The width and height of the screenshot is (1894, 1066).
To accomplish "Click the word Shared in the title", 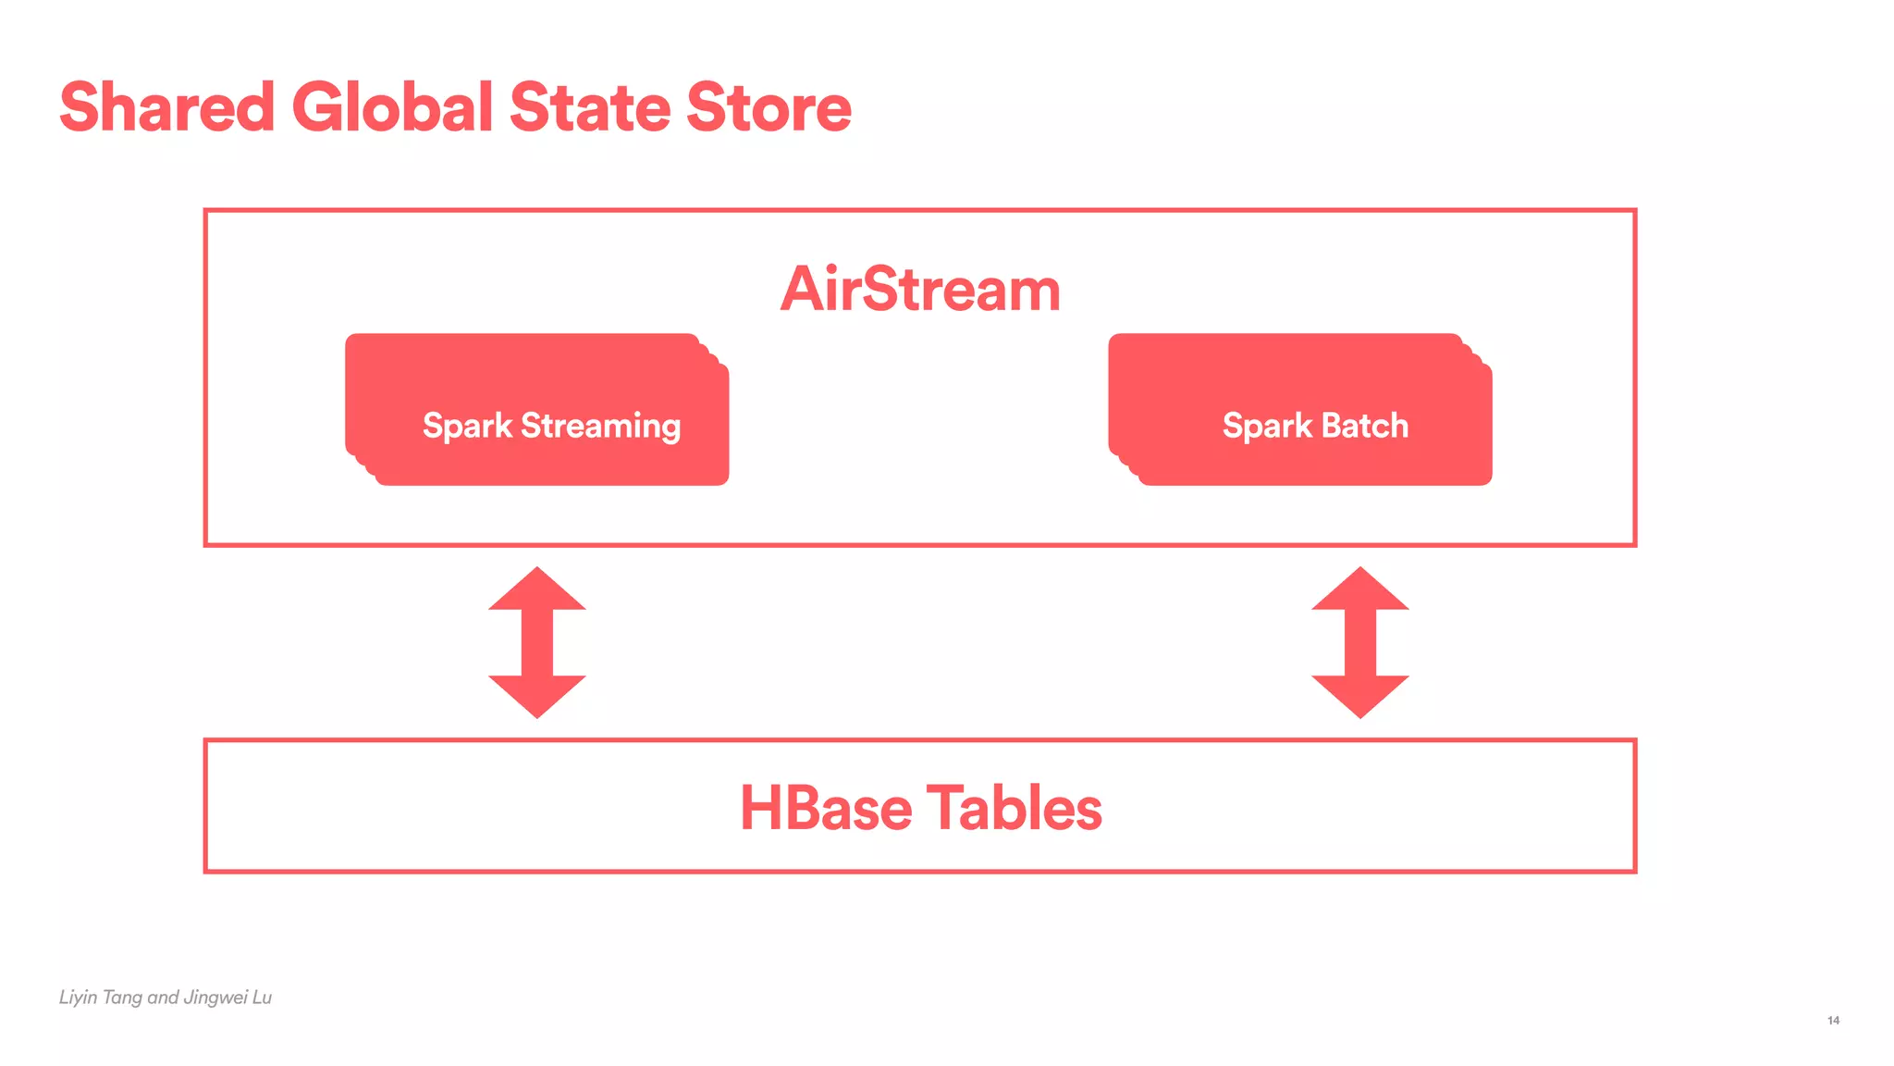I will (x=167, y=107).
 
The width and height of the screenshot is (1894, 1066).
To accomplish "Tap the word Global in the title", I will (x=393, y=107).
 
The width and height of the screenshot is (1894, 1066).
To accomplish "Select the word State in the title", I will (x=589, y=107).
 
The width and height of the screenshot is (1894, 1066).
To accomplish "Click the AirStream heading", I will (x=920, y=290).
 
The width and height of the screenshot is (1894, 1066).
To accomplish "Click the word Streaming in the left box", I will (x=601, y=427).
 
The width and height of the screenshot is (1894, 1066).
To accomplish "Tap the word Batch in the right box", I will (x=1365, y=426).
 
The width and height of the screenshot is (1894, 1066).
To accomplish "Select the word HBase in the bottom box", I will (x=826, y=808).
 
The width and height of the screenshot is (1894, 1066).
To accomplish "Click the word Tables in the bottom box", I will (x=1015, y=808).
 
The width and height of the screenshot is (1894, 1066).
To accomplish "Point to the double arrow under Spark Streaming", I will (x=537, y=642).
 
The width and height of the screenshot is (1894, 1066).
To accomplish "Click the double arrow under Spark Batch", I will (x=1360, y=642).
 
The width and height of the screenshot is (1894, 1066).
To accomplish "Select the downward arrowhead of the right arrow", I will (x=1360, y=695).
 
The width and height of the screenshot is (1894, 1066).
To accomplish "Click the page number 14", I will (x=1833, y=1020).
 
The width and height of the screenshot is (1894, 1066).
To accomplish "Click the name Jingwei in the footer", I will (x=215, y=998).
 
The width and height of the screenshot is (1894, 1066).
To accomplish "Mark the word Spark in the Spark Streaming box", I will (x=467, y=427).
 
